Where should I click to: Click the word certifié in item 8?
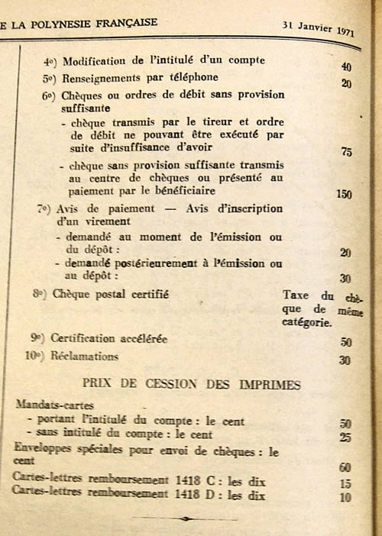pos(147,293)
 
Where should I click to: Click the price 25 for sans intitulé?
pos(345,437)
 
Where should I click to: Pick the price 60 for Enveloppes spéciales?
pos(345,467)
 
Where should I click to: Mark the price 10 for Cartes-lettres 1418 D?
pos(346,498)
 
